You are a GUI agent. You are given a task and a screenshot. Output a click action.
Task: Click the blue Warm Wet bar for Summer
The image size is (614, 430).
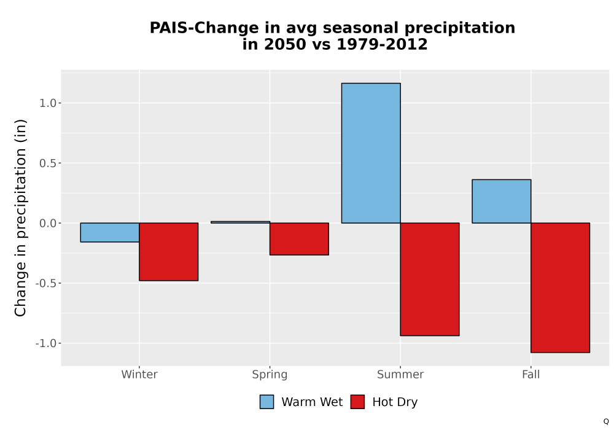click(x=371, y=153)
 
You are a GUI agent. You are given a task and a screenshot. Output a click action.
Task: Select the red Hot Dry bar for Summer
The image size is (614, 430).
click(x=430, y=279)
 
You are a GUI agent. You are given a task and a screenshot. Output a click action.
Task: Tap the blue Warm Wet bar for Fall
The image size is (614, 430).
click(x=502, y=201)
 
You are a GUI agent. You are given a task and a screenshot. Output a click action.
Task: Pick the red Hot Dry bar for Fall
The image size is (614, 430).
click(x=561, y=288)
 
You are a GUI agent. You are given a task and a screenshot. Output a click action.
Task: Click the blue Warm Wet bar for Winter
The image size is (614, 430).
click(x=110, y=233)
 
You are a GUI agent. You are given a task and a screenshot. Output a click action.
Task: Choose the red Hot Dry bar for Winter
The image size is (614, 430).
click(x=169, y=252)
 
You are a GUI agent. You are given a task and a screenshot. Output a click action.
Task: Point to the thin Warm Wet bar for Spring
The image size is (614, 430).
click(x=241, y=222)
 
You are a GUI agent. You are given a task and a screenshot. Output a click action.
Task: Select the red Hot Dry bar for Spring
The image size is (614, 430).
click(x=299, y=239)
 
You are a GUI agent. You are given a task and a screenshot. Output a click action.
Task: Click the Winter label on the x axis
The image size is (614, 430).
click(x=139, y=374)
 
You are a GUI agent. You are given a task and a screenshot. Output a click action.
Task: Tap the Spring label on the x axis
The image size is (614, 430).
click(x=270, y=375)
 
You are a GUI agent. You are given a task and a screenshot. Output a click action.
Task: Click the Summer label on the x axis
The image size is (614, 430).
click(x=400, y=374)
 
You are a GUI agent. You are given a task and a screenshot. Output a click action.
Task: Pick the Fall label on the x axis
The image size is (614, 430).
click(x=531, y=374)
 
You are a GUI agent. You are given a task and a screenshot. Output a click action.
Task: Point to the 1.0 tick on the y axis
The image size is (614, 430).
click(x=48, y=103)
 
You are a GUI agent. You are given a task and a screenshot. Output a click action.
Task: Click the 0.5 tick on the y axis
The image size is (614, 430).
click(x=48, y=163)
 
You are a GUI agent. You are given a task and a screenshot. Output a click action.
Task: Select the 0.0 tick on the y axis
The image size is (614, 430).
click(x=48, y=223)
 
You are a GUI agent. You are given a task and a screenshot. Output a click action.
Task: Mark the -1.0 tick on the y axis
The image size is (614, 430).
click(x=46, y=343)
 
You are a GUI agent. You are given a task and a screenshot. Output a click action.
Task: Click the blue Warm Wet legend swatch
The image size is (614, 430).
click(x=266, y=402)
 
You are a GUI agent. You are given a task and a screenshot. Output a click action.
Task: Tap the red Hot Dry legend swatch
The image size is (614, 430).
click(x=357, y=402)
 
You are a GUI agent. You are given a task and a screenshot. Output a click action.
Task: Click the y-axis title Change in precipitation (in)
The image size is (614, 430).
click(x=20, y=217)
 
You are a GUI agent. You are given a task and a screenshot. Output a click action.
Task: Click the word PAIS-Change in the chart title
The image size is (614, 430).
click(x=204, y=28)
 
